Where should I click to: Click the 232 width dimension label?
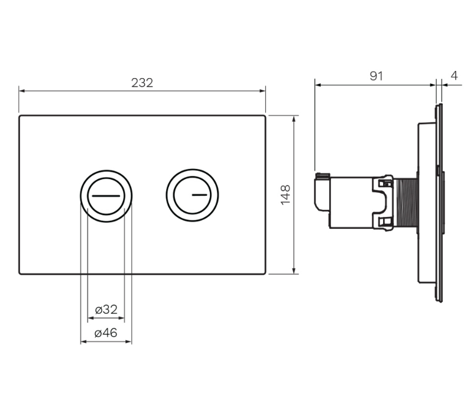pos(142,83)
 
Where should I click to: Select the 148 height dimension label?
pos(286,195)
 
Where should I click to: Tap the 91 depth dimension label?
pos(376,76)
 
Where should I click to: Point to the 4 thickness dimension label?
pos(453,76)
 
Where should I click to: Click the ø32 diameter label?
pos(106,310)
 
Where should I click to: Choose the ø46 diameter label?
pos(106,333)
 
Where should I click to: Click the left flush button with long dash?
pos(106,195)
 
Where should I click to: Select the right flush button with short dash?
pos(192,195)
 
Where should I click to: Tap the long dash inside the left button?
pos(106,194)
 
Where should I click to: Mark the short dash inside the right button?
pos(199,194)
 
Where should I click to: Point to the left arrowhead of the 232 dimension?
pos(22,91)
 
